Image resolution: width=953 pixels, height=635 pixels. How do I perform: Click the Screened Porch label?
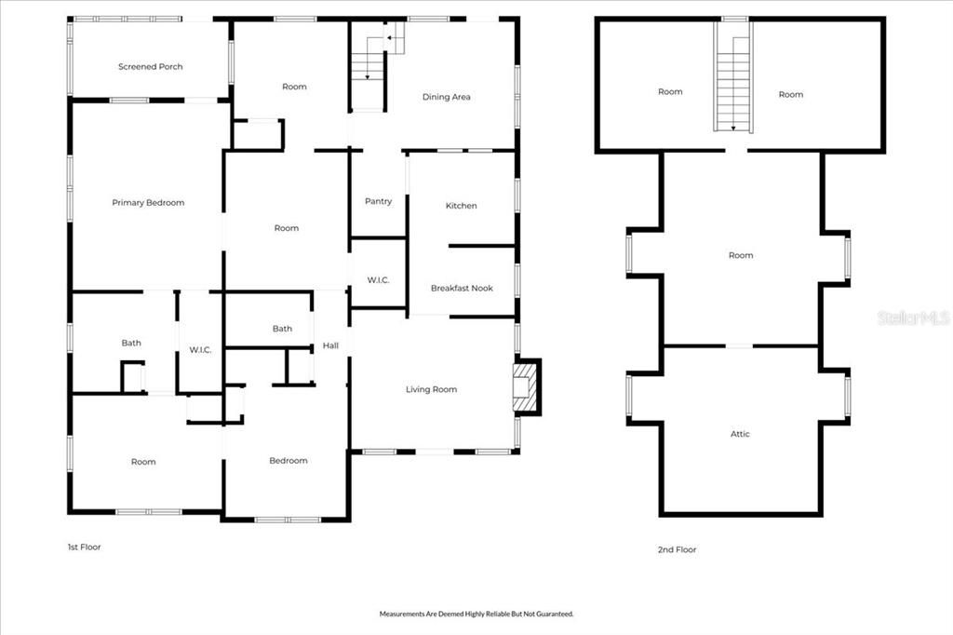[150, 67]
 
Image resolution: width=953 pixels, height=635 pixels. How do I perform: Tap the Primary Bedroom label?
[148, 203]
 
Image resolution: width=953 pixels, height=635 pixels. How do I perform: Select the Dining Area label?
[446, 97]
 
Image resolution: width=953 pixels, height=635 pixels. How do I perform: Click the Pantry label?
[378, 202]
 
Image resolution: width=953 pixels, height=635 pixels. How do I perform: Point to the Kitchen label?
[461, 206]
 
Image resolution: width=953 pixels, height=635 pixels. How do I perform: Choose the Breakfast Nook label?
[462, 289]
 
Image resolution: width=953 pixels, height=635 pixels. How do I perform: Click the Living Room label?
[431, 389]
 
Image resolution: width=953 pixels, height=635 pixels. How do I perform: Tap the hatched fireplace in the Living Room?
[526, 386]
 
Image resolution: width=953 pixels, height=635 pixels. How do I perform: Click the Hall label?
[330, 346]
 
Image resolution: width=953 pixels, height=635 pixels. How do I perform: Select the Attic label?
[740, 434]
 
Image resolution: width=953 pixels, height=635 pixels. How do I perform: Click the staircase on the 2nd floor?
[733, 79]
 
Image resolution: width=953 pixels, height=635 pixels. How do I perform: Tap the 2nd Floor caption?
[677, 550]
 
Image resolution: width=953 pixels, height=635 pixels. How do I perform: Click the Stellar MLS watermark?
[913, 318]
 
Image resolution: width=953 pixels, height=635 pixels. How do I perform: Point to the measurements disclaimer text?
[476, 614]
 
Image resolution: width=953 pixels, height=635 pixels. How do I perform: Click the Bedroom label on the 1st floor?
[289, 461]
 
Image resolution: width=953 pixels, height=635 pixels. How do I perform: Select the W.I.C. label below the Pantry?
[378, 280]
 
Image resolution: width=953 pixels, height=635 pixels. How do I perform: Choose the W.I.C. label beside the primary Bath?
[200, 350]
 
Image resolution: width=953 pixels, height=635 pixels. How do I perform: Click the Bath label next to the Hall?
[282, 329]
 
